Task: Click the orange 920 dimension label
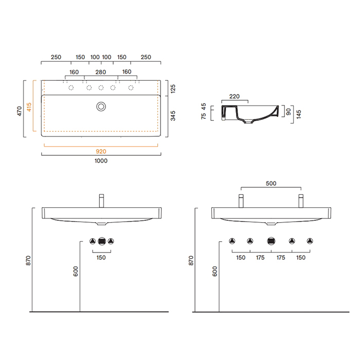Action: point(101,152)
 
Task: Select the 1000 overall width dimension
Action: point(101,160)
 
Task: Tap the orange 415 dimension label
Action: point(29,107)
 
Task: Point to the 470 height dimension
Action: point(20,111)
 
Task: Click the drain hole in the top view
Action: point(101,106)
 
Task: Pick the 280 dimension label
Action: point(101,72)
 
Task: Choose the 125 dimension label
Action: point(173,89)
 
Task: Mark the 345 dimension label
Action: point(173,116)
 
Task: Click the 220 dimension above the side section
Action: point(235,97)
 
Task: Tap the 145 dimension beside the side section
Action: point(298,114)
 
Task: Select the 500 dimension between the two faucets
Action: point(271,184)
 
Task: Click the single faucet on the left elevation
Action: point(101,201)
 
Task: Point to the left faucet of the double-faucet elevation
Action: point(241,201)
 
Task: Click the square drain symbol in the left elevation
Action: point(102,241)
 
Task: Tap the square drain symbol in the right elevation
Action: point(271,241)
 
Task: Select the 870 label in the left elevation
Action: point(28,261)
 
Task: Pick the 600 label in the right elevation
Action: point(214,272)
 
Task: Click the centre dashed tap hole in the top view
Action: point(101,87)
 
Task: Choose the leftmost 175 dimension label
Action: point(260,258)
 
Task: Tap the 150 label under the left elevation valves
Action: point(101,258)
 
